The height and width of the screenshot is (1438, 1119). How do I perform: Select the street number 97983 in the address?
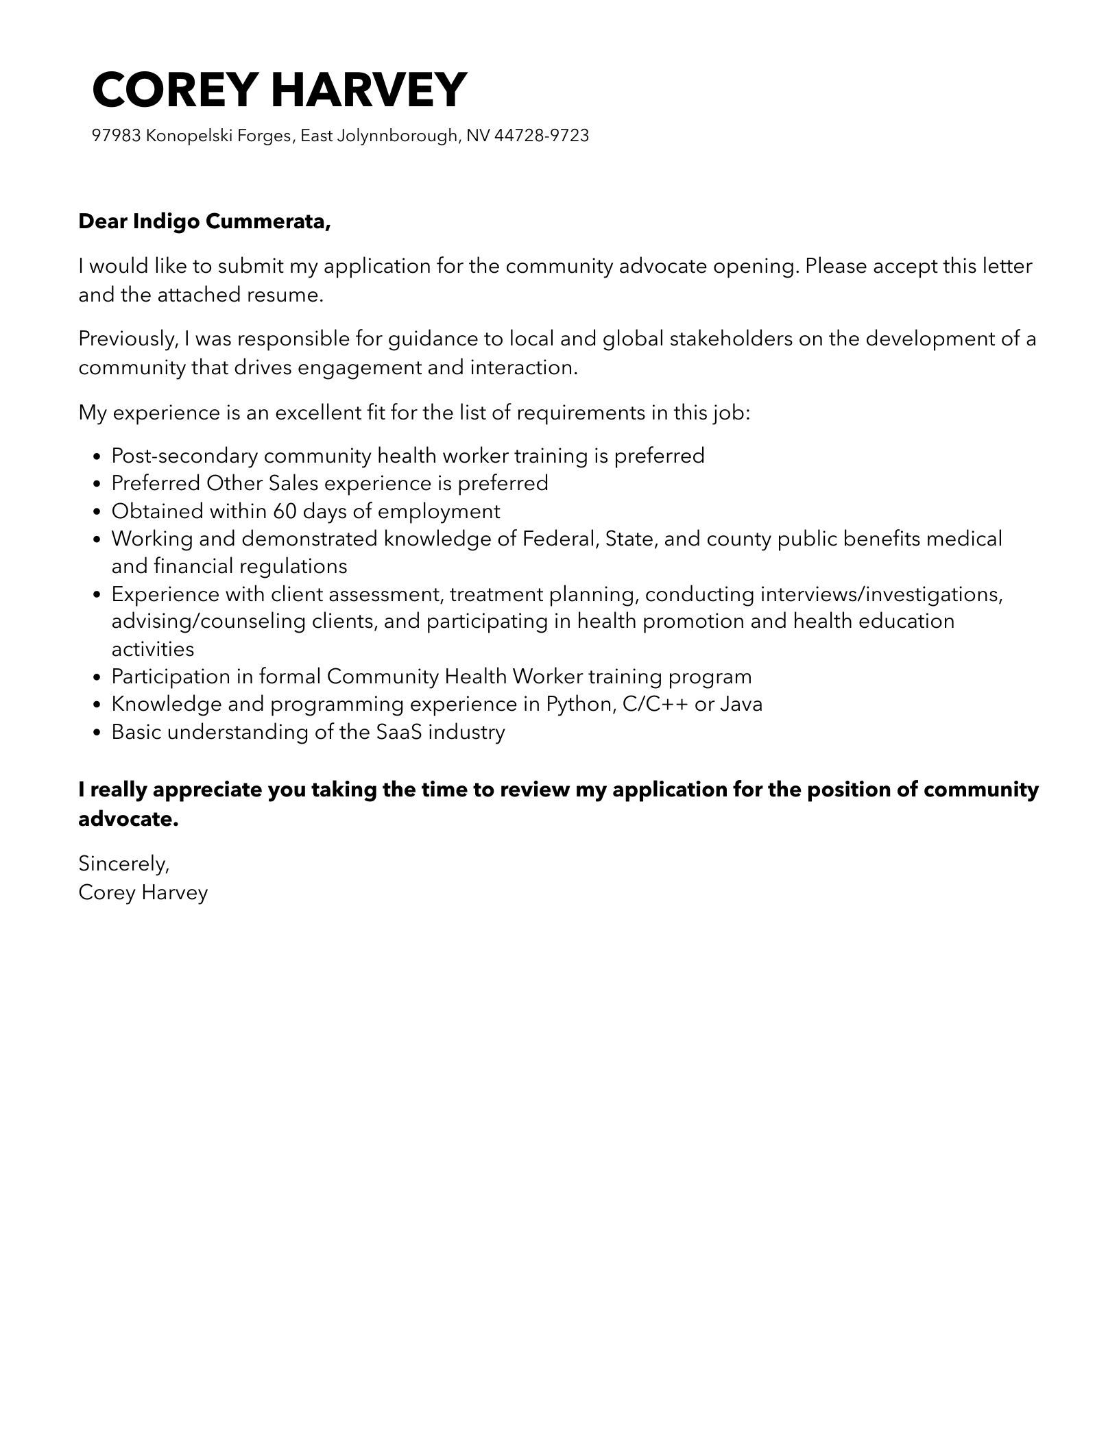click(x=116, y=136)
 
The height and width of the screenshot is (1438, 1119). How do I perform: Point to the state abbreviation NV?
click(x=478, y=136)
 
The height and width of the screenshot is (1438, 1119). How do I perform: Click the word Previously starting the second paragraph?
click(x=128, y=339)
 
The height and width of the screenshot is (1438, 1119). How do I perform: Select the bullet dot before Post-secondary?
click(x=97, y=456)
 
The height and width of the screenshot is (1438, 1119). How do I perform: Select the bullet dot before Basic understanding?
click(x=97, y=733)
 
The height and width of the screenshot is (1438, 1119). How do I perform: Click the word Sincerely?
click(x=123, y=864)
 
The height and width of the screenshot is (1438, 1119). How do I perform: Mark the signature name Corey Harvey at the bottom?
click(x=143, y=892)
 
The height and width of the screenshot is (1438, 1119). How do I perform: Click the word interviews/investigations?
click(x=881, y=594)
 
